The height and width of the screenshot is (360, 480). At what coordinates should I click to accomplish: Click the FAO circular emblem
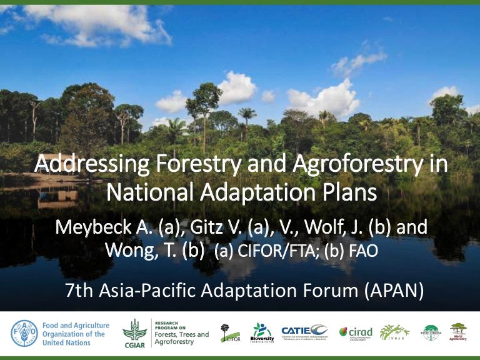tap(24, 334)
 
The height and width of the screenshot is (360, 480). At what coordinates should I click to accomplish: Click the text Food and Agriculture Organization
tap(76, 334)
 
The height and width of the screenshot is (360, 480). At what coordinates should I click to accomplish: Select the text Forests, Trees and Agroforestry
tap(182, 335)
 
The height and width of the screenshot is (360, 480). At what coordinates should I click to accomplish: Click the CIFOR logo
tap(230, 334)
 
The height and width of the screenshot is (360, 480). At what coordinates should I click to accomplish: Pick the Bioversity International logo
tap(262, 332)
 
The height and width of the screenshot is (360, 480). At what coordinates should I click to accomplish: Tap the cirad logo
tap(355, 332)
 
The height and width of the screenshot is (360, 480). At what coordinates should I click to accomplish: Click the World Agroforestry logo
tap(458, 332)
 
